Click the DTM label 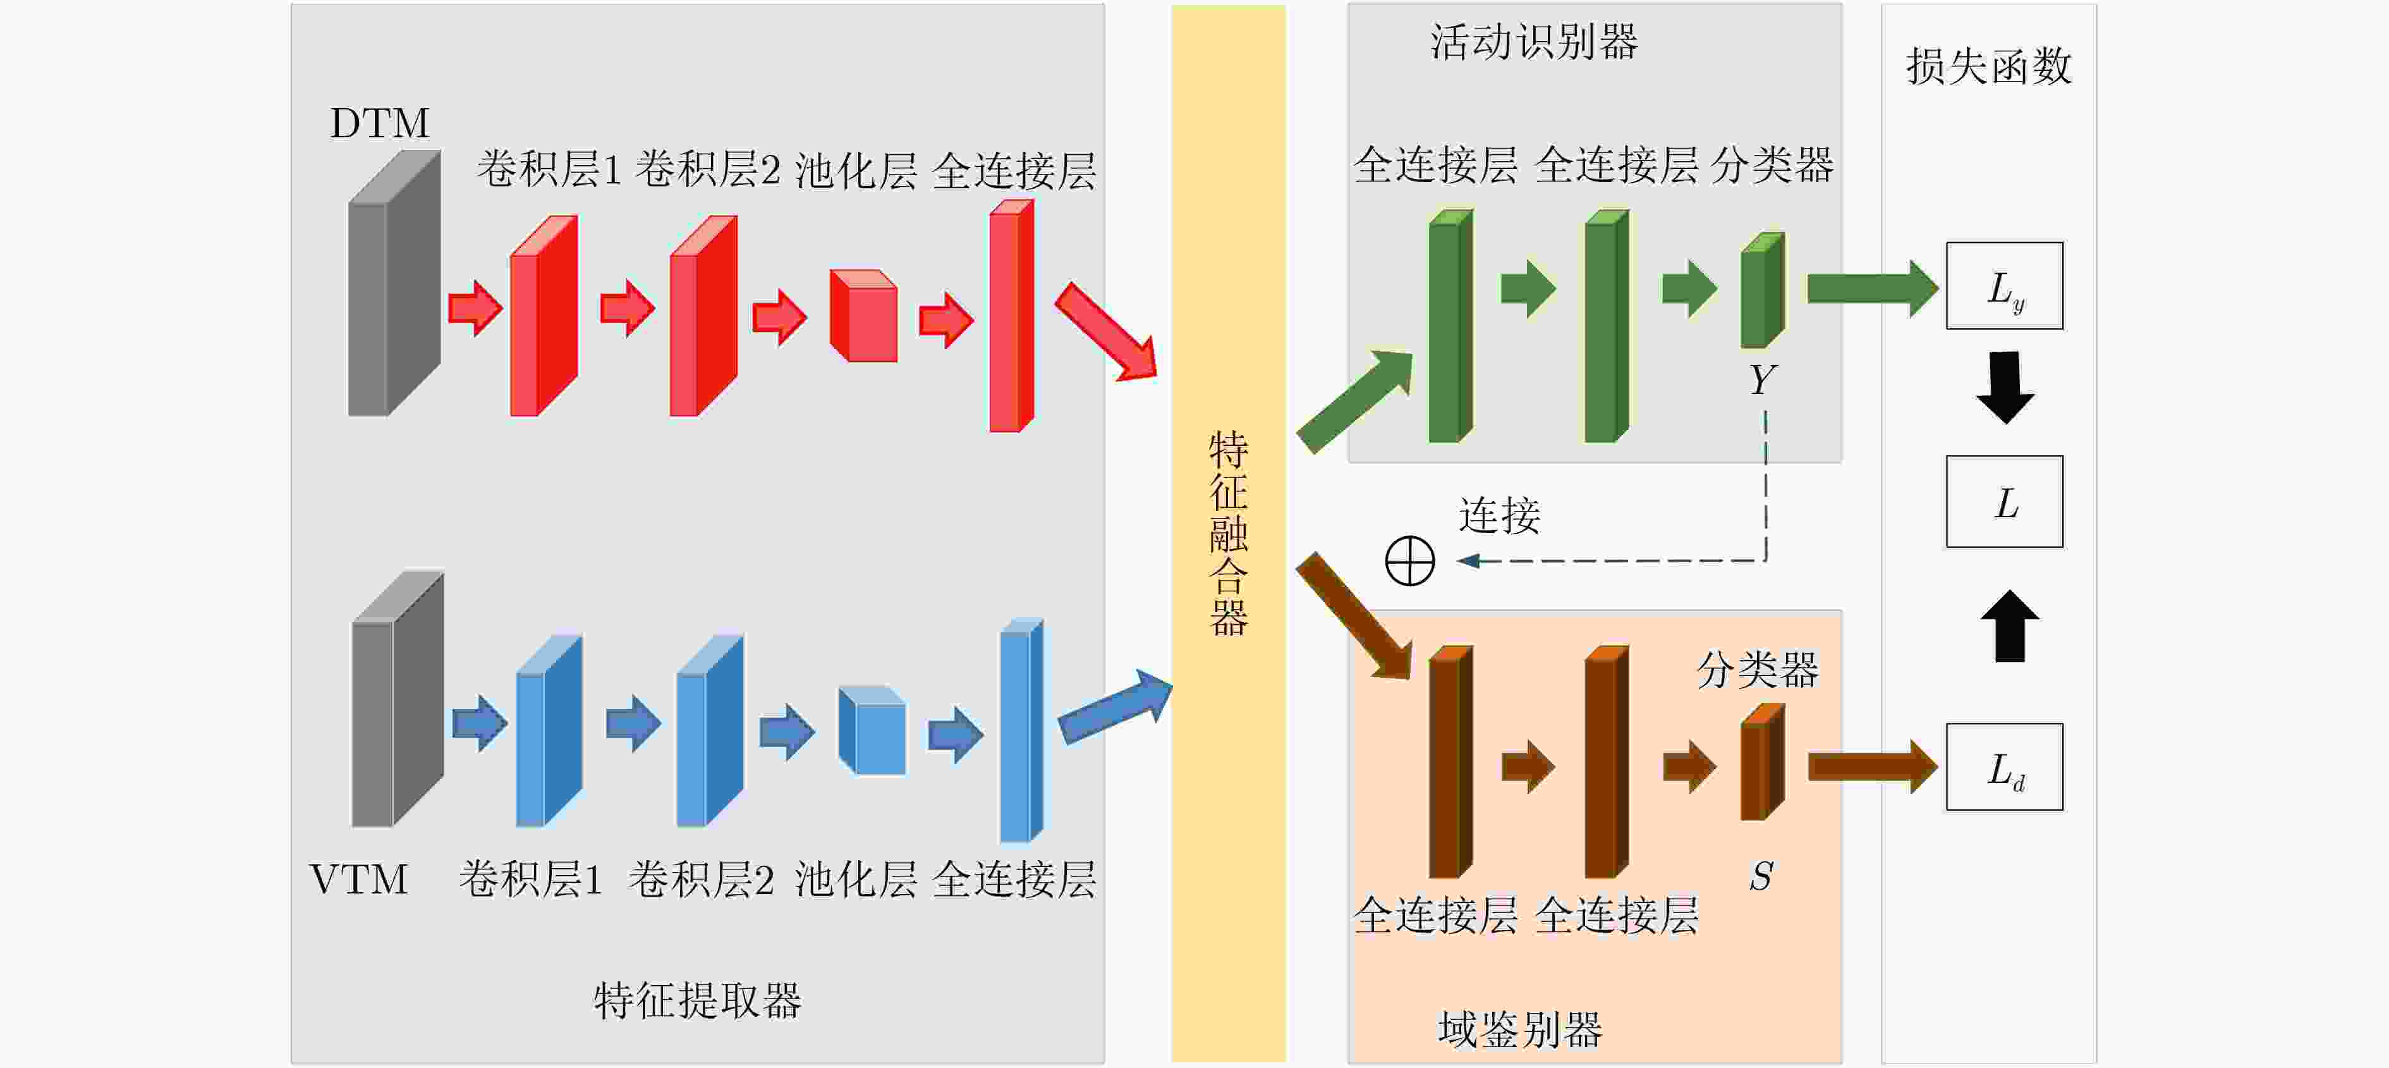click(x=380, y=123)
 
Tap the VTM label click(x=359, y=880)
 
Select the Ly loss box click(x=2004, y=286)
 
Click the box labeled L click(x=2004, y=502)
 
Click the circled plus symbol click(x=1409, y=560)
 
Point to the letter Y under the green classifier click(x=1762, y=379)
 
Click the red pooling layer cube click(x=863, y=316)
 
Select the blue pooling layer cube click(x=872, y=730)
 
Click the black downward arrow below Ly click(x=2005, y=388)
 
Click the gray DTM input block click(x=394, y=283)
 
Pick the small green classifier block click(x=1763, y=290)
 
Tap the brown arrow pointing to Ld click(x=1873, y=766)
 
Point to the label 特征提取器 click(x=697, y=1001)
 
